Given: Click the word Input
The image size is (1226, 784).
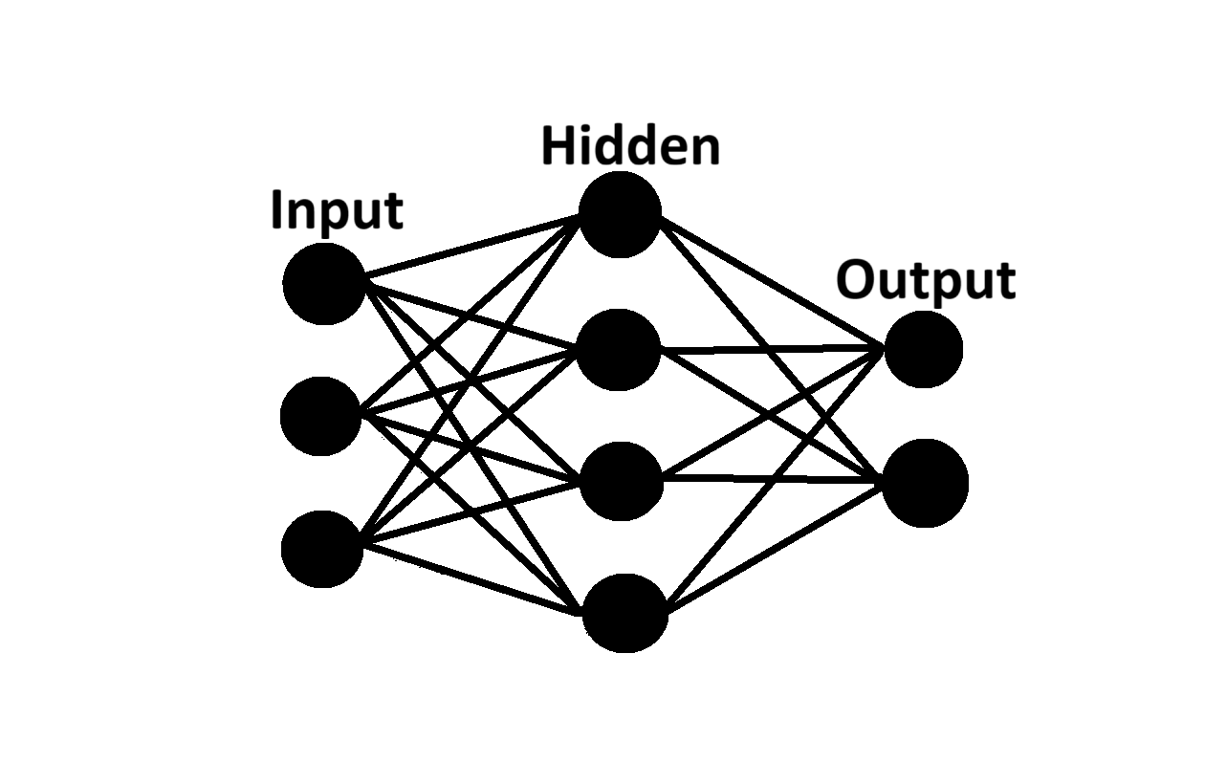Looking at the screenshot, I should point(337,210).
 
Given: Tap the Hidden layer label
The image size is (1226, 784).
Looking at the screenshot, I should point(630,147).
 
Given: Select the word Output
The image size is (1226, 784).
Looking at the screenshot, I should point(925,281).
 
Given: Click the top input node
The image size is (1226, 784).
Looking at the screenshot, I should point(324,283).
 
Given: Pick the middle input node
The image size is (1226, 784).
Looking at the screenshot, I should point(320,416).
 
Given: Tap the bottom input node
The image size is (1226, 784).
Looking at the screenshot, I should point(322,549).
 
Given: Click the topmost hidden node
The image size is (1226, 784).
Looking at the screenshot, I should point(620,214).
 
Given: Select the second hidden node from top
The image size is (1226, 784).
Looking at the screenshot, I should point(620,349).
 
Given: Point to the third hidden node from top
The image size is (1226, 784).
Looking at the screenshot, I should point(622,481).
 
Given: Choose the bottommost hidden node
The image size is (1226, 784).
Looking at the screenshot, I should point(624,613).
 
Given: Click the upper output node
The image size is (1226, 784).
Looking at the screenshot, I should point(923,350).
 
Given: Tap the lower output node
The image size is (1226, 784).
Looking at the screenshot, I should point(925,483).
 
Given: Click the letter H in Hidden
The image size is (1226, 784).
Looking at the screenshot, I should point(557,147).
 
